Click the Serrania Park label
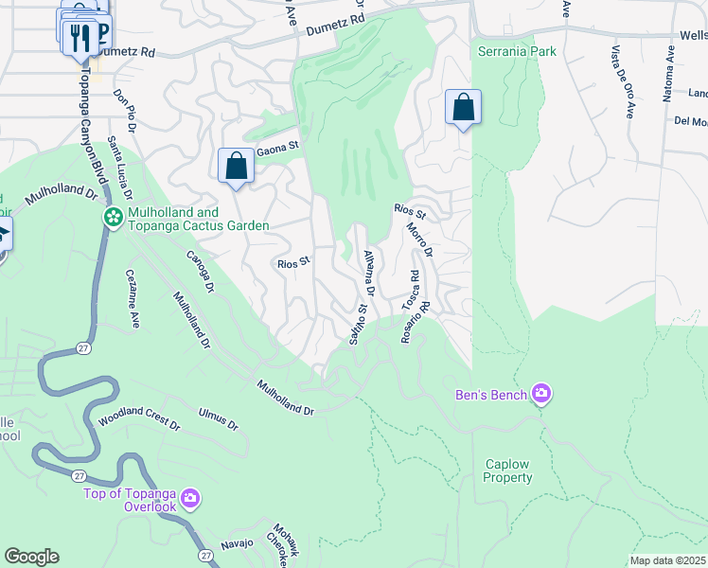517,51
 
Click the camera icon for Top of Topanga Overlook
190,497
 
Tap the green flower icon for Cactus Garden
114,219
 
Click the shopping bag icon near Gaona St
236,167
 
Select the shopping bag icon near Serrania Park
464,107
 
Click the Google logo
31,557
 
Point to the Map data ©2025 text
667,560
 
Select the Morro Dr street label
420,240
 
